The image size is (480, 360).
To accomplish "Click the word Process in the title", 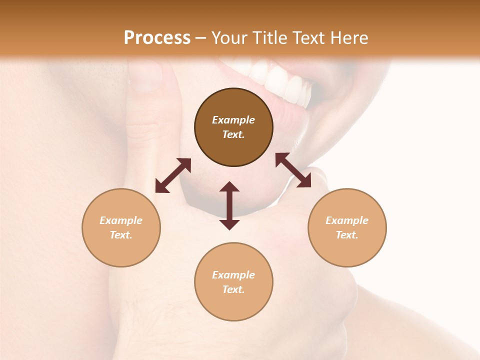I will [157, 38].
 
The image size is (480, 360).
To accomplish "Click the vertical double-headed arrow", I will [229, 206].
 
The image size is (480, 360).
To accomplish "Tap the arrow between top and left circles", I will [173, 175].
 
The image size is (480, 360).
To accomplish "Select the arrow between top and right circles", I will [293, 170].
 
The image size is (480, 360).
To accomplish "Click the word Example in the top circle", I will [233, 120].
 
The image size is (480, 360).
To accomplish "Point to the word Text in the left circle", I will [121, 235].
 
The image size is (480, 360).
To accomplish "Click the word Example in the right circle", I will [347, 220].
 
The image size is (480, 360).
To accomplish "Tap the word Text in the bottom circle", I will [233, 289].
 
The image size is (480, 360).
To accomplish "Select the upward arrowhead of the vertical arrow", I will [229, 187].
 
